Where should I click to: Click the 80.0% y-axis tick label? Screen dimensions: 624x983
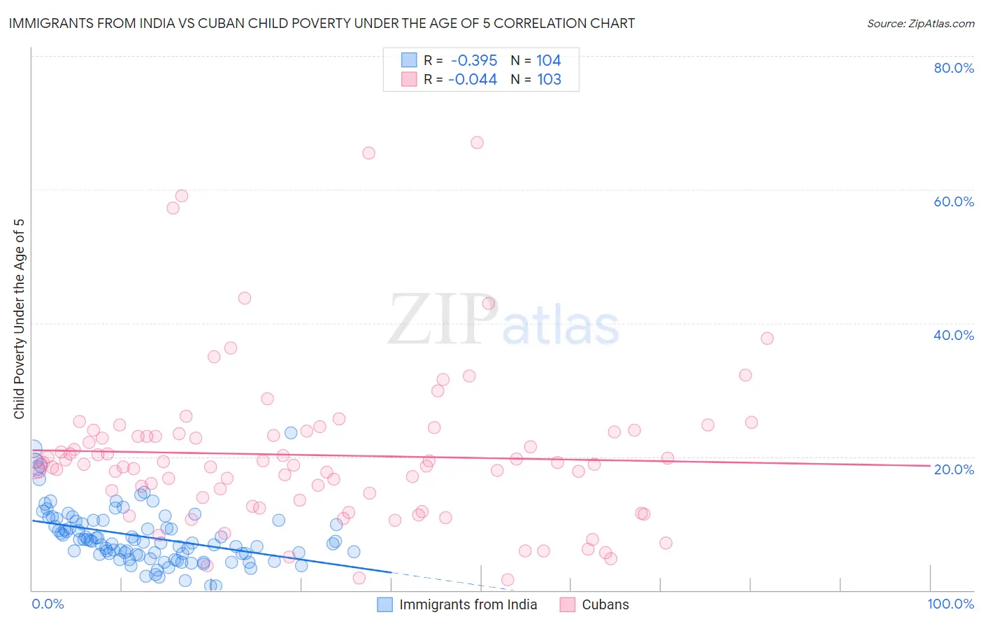(954, 68)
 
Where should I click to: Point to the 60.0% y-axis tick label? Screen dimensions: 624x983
(954, 201)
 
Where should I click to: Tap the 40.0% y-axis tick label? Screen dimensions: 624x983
(954, 335)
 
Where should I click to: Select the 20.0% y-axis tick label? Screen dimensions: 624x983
(954, 469)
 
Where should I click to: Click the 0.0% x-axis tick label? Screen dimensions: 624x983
(48, 604)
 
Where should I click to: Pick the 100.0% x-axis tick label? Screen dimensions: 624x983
(950, 604)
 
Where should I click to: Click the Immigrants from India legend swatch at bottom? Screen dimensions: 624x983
(385, 604)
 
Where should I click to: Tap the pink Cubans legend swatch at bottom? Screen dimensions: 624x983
(568, 604)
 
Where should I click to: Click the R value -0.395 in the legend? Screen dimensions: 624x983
(473, 61)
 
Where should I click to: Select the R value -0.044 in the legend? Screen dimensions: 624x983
(473, 80)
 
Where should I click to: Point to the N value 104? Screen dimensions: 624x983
(549, 61)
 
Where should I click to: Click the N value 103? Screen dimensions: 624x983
(549, 80)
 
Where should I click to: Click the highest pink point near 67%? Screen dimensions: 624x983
(477, 143)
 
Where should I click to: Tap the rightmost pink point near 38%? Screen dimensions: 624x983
(767, 339)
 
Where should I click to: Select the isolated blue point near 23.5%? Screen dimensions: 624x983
(291, 433)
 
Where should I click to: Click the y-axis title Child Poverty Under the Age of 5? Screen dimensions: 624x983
(20, 319)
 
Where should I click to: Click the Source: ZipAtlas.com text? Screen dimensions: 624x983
(920, 24)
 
